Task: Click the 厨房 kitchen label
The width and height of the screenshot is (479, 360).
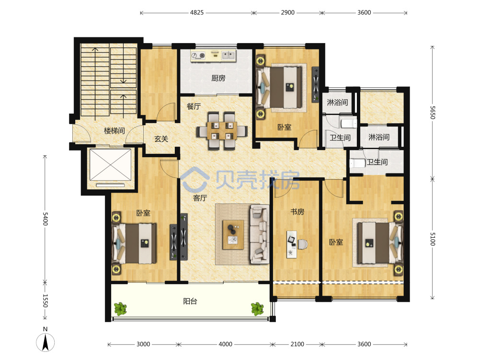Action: (x=218, y=78)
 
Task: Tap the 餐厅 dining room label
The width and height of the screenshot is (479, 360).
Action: (x=194, y=106)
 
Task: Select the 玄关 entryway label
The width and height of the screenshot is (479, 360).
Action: (x=161, y=139)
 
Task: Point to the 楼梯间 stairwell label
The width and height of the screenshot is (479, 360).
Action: (x=114, y=131)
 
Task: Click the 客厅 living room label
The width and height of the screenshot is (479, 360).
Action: (x=200, y=198)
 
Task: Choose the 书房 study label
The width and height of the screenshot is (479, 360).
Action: (x=297, y=211)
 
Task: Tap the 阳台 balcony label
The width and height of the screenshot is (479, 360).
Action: (x=190, y=302)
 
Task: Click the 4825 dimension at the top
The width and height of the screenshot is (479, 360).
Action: (x=197, y=12)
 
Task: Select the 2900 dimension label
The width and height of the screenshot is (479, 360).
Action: (x=288, y=12)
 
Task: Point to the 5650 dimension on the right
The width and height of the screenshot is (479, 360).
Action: (x=432, y=113)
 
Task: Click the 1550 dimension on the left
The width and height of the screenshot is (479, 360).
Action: (x=45, y=301)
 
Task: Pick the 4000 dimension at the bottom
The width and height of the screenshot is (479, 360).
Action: (x=226, y=344)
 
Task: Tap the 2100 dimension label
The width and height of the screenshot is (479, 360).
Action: (x=297, y=344)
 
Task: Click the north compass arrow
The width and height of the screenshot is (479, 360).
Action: (x=46, y=342)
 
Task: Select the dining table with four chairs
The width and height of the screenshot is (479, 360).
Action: (x=222, y=130)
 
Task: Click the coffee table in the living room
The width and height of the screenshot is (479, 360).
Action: (x=233, y=235)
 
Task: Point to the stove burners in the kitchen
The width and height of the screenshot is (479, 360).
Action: (x=198, y=55)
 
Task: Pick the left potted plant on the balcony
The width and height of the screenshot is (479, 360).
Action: (x=120, y=309)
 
